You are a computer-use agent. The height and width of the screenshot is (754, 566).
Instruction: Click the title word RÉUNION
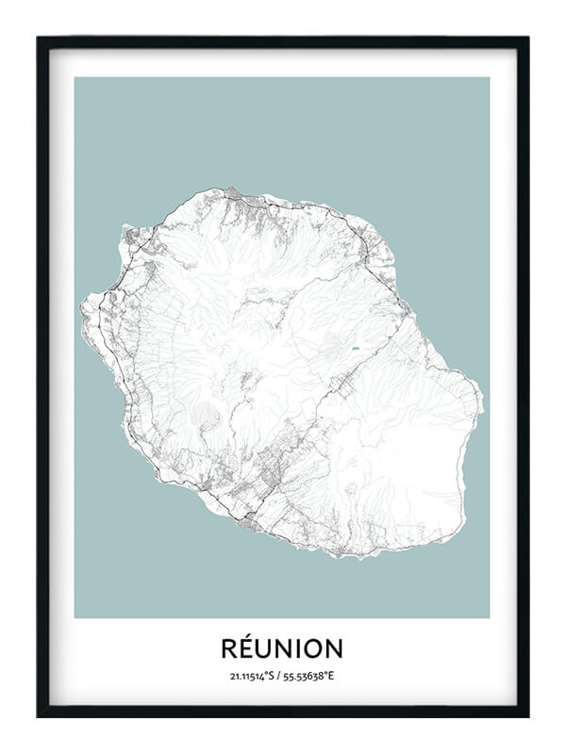[x=282, y=648]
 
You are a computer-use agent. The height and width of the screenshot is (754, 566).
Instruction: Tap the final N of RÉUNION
[x=336, y=648]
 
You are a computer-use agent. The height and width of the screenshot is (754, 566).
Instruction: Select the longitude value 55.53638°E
[x=311, y=676]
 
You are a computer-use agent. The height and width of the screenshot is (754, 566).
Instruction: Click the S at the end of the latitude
[x=274, y=676]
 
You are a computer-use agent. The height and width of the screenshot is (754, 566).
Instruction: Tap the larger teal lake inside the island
[x=356, y=349]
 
